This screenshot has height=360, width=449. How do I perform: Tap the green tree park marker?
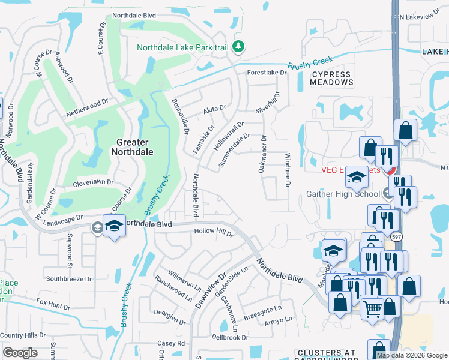238,46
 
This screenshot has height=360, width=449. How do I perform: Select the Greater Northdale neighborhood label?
132,147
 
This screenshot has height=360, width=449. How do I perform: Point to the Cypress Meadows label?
331,77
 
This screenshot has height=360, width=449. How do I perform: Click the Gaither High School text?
343,193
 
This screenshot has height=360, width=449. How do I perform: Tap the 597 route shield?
396,237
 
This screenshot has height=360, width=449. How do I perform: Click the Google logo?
20,353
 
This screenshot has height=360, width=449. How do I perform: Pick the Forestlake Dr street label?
268,73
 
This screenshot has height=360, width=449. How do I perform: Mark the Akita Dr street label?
214,109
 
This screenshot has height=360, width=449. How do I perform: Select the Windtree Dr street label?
287,169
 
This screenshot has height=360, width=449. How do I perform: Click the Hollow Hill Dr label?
212,232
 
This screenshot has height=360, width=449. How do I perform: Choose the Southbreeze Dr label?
69,279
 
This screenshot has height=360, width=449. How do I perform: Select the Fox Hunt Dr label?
53,304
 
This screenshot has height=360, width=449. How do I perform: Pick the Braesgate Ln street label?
262,312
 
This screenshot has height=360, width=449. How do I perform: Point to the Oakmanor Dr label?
262,154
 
